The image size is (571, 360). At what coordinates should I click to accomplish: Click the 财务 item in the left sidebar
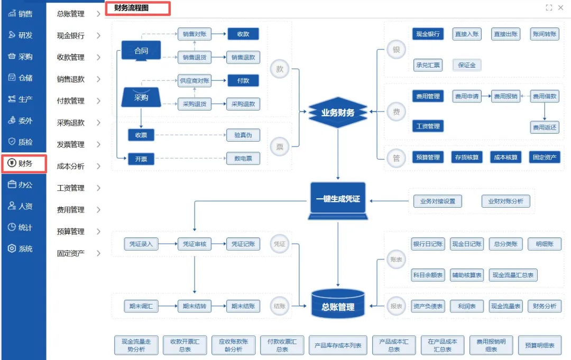click(x=23, y=163)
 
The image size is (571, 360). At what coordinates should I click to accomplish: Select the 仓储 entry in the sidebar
click(x=23, y=78)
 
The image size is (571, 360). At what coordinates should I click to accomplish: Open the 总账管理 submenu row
click(x=78, y=14)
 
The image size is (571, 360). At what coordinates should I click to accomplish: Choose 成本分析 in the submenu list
click(x=78, y=167)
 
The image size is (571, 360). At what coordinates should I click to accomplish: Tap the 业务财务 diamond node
click(x=338, y=112)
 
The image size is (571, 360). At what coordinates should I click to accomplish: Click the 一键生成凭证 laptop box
click(x=338, y=200)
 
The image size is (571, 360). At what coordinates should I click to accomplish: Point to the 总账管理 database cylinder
click(x=338, y=304)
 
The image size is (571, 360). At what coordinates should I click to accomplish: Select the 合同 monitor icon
click(x=141, y=51)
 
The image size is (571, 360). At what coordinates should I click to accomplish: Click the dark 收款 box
click(x=243, y=34)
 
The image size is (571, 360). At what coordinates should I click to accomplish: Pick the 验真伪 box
click(x=243, y=135)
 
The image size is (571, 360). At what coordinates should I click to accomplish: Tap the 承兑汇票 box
click(x=428, y=66)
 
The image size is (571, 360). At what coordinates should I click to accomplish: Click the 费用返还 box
click(x=545, y=127)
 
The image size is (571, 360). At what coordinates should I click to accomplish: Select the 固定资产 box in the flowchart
click(x=545, y=157)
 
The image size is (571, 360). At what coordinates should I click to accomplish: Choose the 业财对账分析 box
click(x=505, y=201)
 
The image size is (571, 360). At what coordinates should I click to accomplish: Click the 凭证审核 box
click(x=195, y=244)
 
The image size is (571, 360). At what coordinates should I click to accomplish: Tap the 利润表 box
click(x=467, y=306)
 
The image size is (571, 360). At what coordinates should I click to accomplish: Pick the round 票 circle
click(x=280, y=147)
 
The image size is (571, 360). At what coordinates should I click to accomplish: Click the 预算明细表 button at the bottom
click(x=539, y=345)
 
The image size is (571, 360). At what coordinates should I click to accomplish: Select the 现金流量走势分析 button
click(x=136, y=345)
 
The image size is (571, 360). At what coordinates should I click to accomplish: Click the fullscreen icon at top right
click(x=549, y=7)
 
